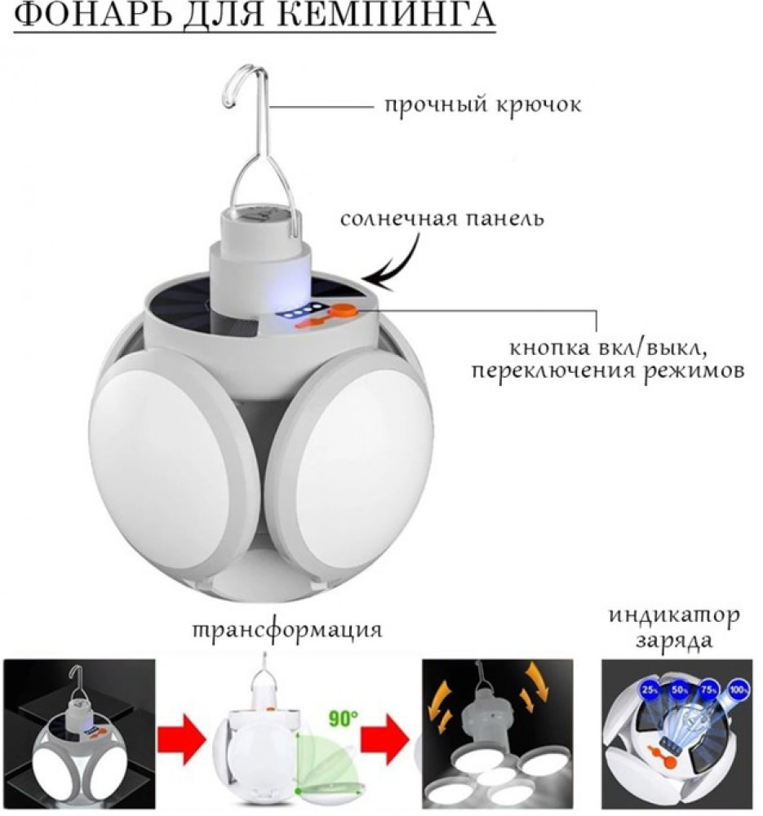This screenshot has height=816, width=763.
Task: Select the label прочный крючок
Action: [483, 106]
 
